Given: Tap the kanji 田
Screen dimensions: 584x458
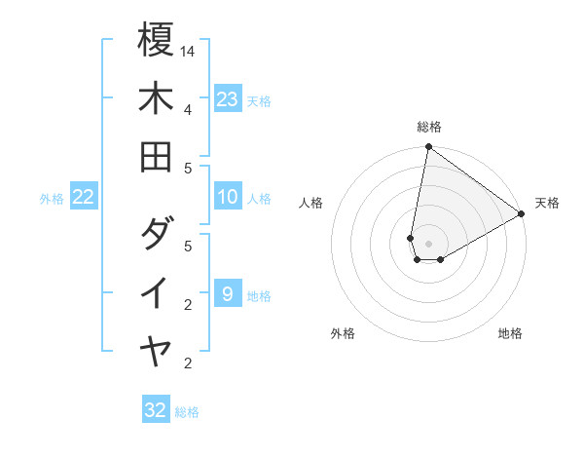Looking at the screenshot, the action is (156, 156).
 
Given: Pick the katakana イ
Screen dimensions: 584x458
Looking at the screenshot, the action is (156, 292).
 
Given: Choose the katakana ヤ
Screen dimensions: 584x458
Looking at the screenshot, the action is (156, 351).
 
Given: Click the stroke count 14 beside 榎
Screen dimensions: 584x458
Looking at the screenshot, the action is (188, 50).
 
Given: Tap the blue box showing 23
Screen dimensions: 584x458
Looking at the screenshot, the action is (228, 99).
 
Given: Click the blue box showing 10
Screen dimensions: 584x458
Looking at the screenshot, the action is (228, 197).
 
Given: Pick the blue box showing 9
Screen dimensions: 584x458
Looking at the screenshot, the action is (228, 294).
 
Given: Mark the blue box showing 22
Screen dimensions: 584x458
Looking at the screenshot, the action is (84, 197).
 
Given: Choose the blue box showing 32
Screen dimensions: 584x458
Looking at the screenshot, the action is (156, 410).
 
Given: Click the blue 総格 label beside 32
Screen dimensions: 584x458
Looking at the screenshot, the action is (187, 412).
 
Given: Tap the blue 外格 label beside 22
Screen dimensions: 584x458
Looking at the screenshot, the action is (52, 199).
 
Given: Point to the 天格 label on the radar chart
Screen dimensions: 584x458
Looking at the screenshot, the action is (547, 203).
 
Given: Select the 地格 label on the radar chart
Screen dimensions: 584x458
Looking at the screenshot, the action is (510, 334).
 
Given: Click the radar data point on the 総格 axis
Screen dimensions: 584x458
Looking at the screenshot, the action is (428, 148).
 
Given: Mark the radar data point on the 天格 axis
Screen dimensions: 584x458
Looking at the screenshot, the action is (521, 214).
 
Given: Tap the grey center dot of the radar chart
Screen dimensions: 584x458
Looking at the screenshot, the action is (428, 244).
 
